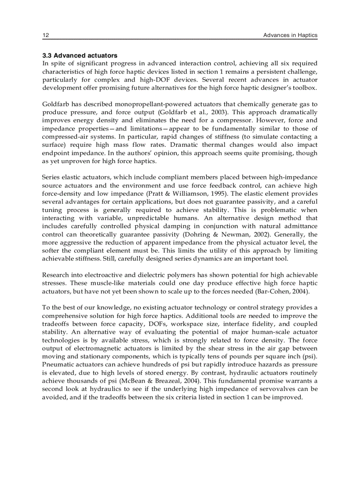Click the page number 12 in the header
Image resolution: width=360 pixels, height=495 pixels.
coord(45,35)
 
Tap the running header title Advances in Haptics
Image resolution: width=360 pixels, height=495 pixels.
coord(290,35)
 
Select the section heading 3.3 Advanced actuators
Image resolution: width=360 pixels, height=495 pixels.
coord(80,56)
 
